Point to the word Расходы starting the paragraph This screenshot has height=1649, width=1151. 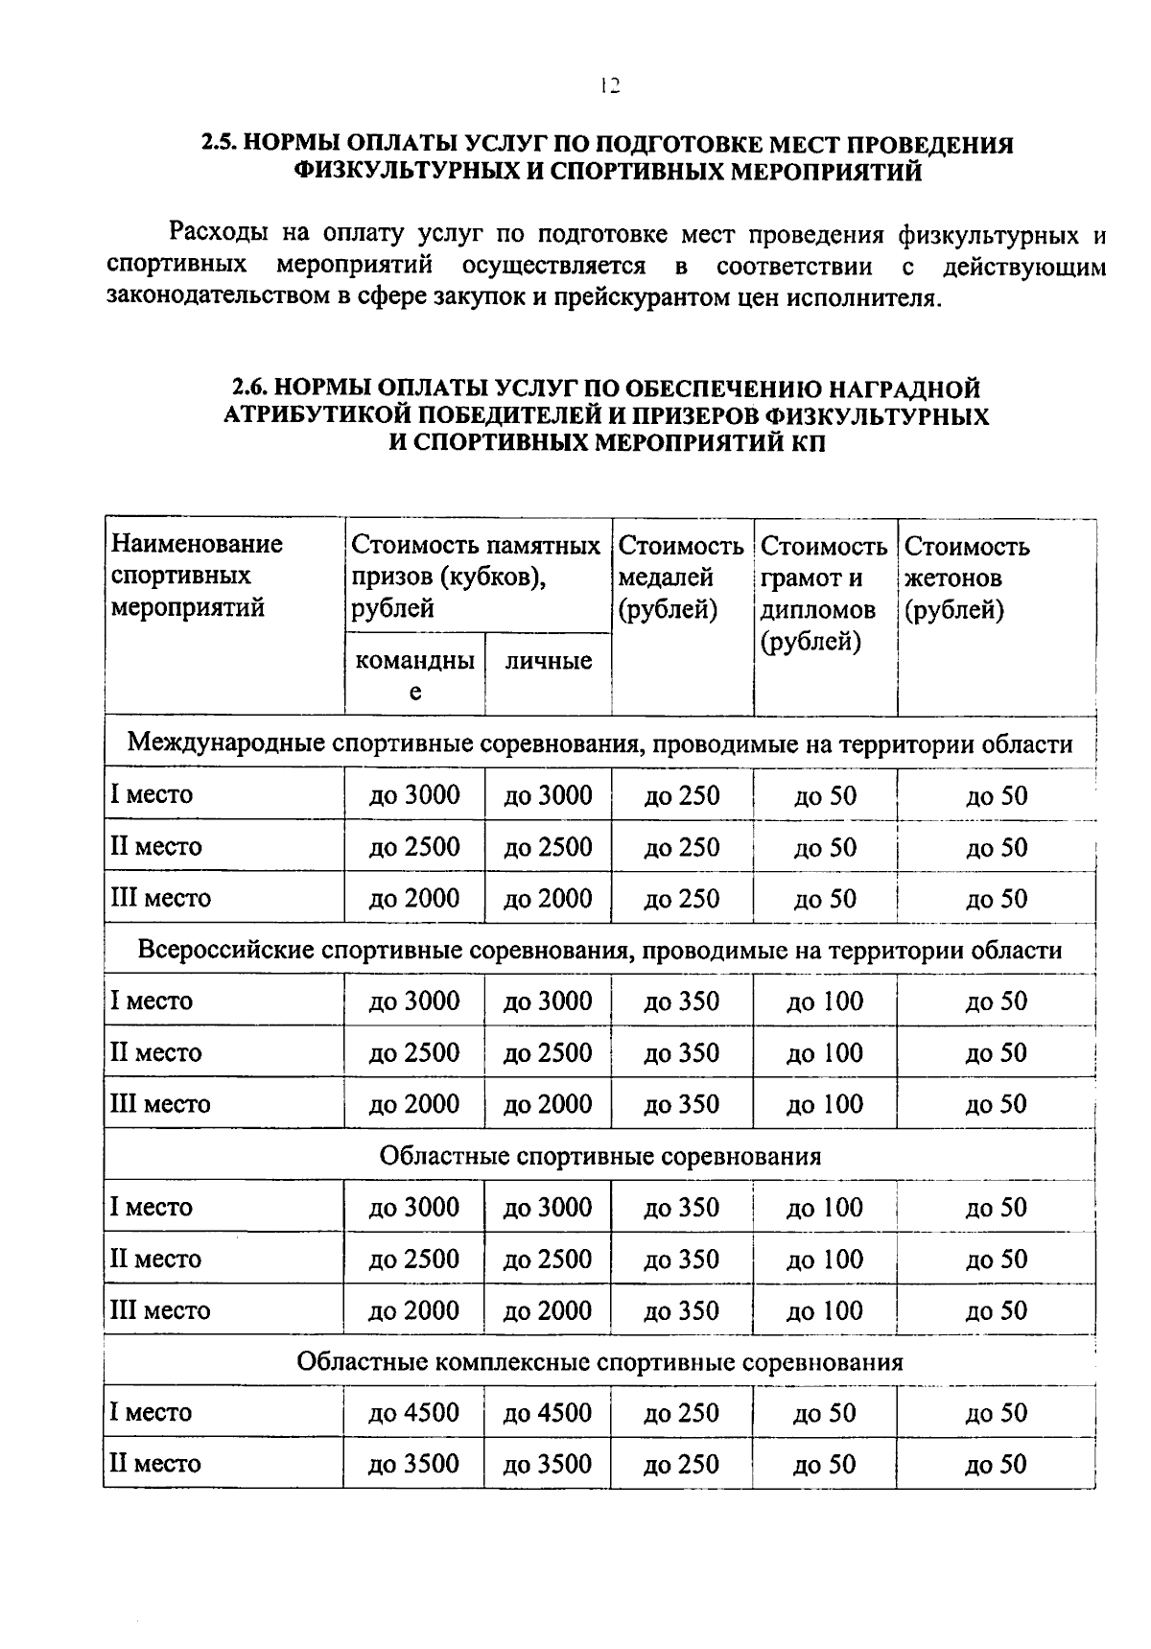click(218, 234)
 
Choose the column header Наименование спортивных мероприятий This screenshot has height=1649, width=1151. click(197, 576)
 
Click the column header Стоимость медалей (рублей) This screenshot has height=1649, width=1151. click(680, 577)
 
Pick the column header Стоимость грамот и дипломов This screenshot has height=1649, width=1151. click(823, 593)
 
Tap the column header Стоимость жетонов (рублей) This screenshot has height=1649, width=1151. click(966, 577)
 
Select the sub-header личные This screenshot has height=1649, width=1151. click(548, 661)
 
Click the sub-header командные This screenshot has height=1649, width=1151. click(414, 675)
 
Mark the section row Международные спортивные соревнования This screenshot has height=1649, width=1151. click(599, 744)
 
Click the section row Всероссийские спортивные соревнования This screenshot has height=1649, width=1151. click(599, 950)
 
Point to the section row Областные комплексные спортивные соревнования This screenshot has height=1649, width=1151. click(599, 1362)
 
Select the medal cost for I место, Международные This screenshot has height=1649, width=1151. click(681, 796)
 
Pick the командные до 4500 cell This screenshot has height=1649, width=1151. click(414, 1413)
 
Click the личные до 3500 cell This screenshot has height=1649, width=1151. click(548, 1464)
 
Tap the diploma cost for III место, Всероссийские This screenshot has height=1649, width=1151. click(825, 1104)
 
